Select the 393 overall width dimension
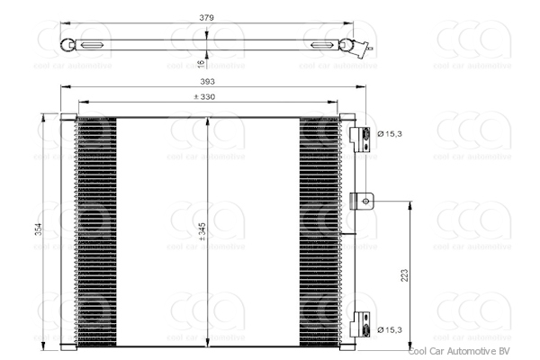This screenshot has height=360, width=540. click(207, 80)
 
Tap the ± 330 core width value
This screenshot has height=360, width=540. click(207, 96)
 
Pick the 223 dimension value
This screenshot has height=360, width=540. click(404, 275)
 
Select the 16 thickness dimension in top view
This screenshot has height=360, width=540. click(201, 62)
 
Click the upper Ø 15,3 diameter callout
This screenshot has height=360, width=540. click(389, 135)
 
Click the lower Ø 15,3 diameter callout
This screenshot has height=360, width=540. click(389, 330)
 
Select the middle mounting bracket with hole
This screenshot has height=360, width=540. click(362, 200)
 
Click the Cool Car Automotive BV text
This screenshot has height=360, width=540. click(459, 353)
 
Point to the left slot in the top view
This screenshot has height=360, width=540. click(92, 45)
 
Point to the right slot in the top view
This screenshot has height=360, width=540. click(320, 45)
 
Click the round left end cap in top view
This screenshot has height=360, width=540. click(67, 45)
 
